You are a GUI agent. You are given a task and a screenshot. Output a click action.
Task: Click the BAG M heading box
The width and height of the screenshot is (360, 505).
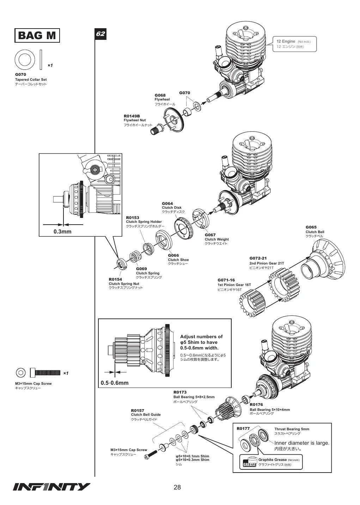[37, 35]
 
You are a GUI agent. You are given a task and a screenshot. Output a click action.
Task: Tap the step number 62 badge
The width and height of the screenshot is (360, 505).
[100, 34]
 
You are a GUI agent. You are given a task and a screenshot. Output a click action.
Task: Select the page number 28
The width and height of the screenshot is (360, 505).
[177, 487]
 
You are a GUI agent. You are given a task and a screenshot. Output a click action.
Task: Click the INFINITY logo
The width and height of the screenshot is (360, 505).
[51, 487]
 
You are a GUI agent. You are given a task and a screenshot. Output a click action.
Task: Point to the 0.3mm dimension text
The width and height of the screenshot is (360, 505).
[62, 232]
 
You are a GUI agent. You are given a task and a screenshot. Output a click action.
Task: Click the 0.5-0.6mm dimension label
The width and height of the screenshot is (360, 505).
[115, 383]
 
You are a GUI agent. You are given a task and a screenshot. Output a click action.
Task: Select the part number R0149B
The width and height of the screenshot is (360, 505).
[132, 116]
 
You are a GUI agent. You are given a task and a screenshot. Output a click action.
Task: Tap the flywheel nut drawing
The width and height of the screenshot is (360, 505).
[157, 129]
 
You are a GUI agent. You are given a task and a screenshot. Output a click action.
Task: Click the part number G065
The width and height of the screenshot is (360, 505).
[311, 227]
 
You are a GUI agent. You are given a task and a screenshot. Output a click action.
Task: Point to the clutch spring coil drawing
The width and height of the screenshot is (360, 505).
[135, 257]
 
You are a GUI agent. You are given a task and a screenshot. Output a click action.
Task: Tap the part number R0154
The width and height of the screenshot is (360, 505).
[115, 279]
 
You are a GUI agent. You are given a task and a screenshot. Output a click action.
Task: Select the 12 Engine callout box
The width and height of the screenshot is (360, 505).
[294, 44]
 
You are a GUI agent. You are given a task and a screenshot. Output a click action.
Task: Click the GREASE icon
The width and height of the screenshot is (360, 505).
[249, 464]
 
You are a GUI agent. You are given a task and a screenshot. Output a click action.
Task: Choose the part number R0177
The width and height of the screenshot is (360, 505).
[243, 428]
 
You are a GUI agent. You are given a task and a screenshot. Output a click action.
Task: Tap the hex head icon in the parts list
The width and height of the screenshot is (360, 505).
[21, 373]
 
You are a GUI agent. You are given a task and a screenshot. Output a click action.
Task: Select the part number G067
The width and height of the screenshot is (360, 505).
[210, 235]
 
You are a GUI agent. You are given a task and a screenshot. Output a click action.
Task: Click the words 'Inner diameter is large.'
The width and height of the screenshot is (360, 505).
[301, 443]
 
